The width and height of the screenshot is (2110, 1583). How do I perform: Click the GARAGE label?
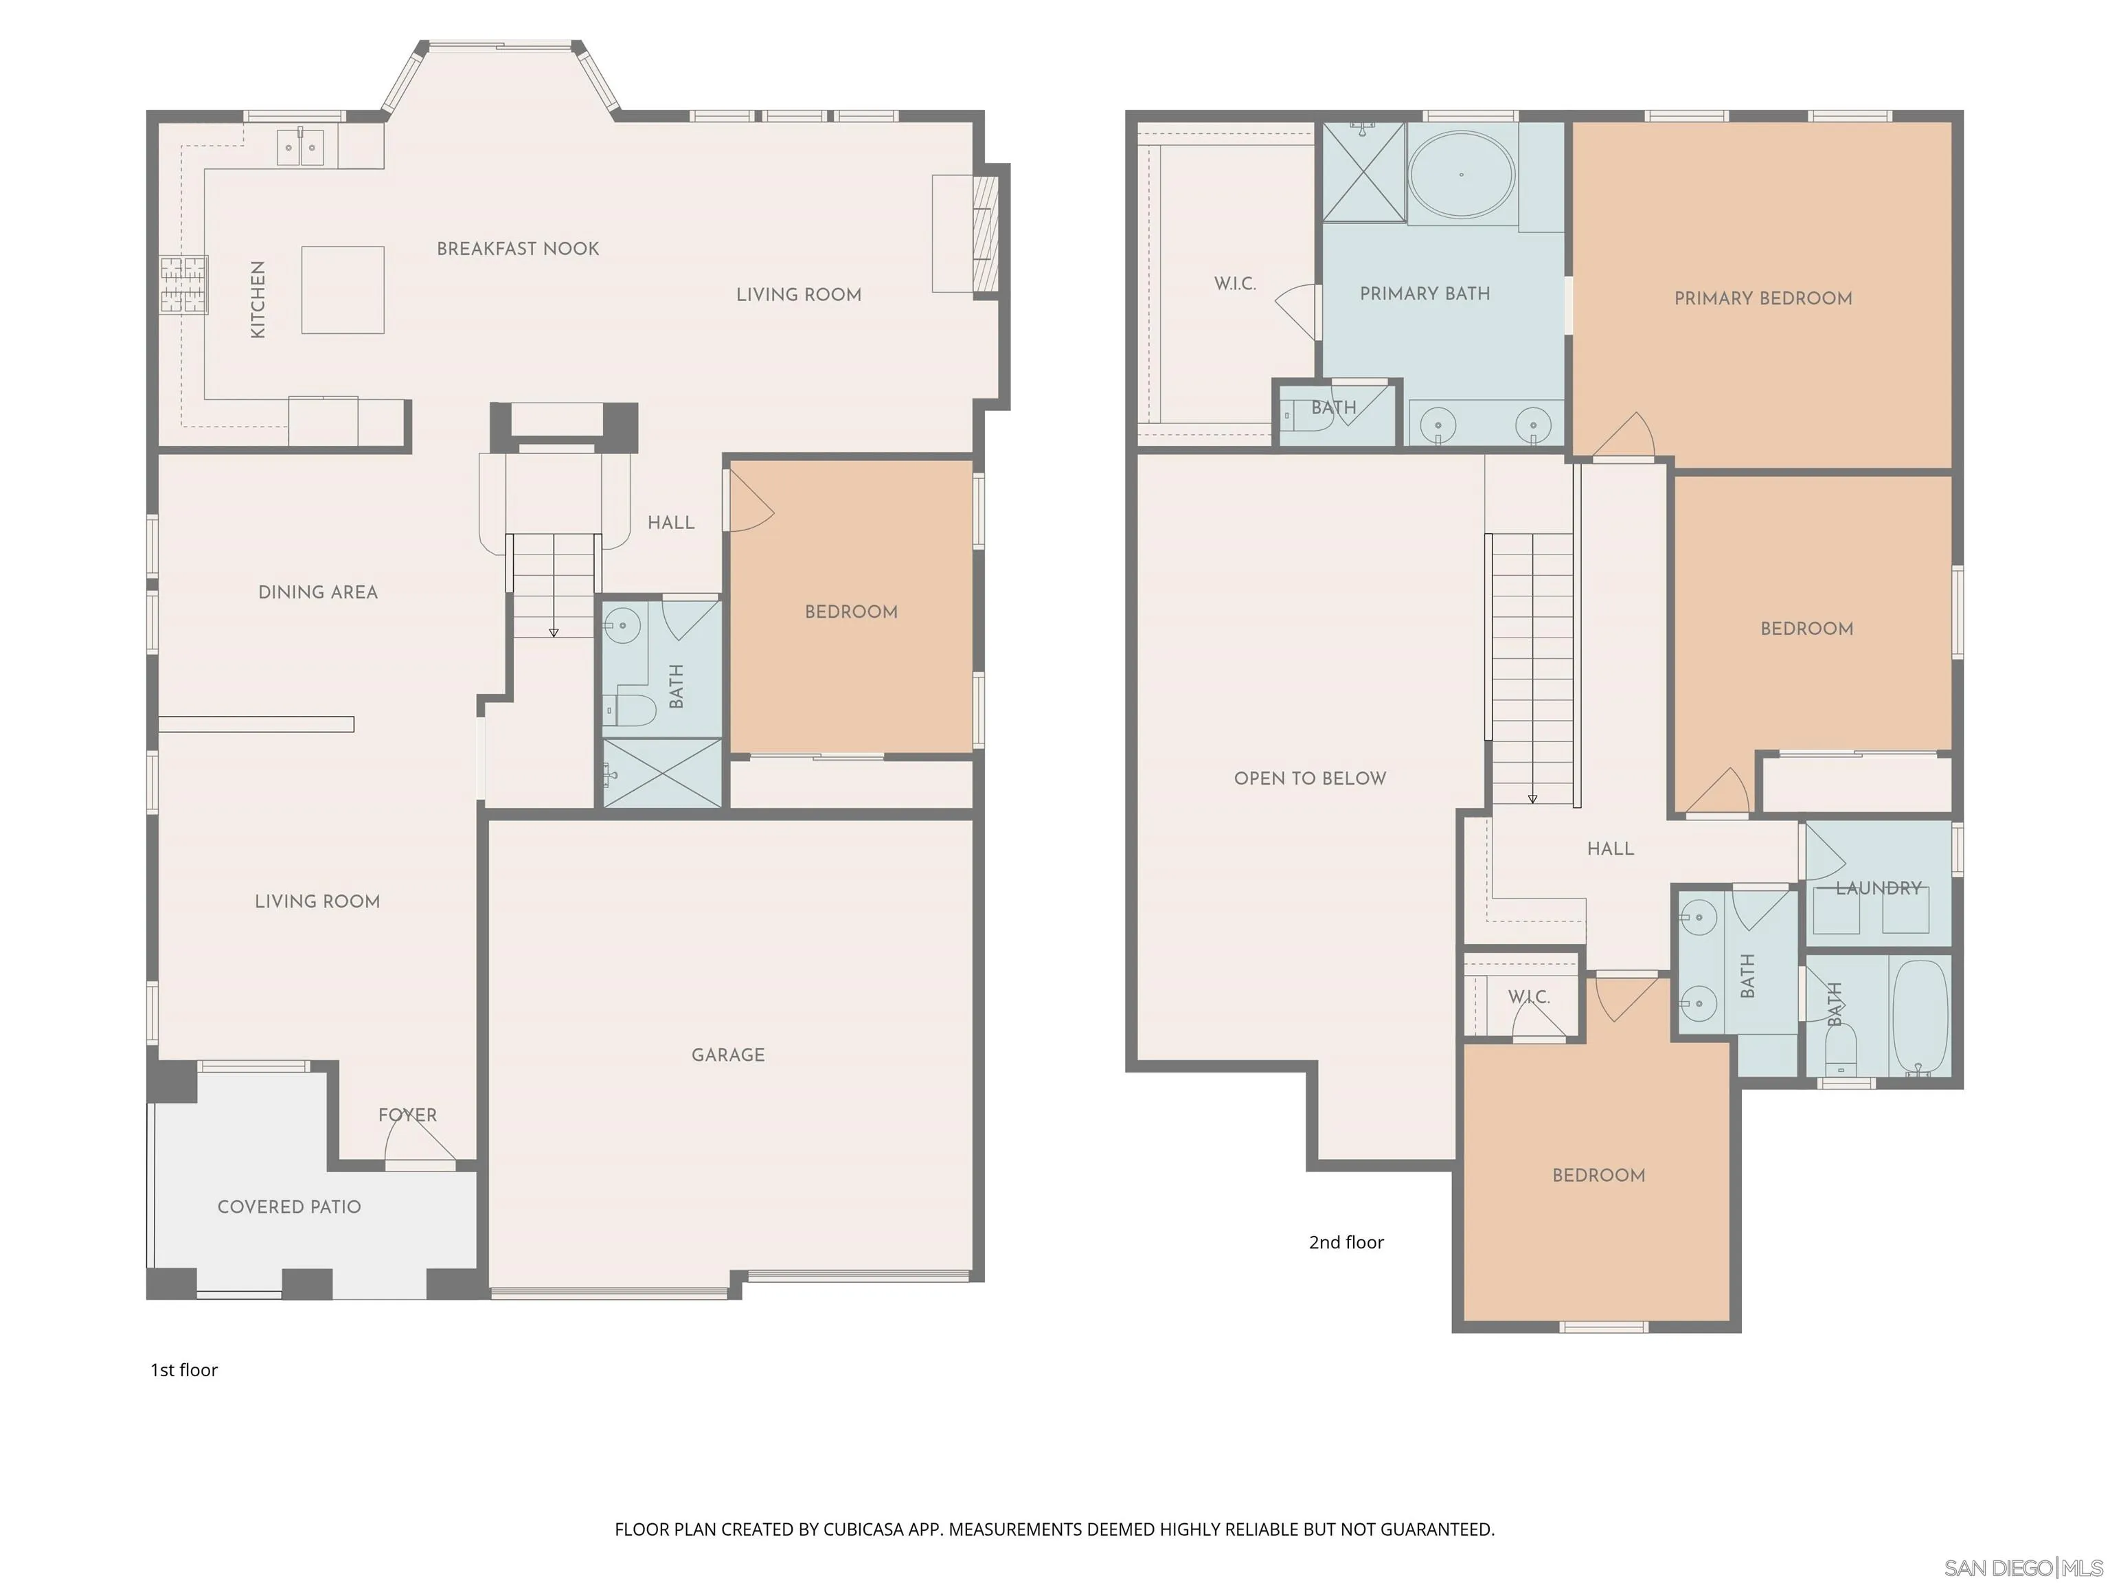pos(728,1055)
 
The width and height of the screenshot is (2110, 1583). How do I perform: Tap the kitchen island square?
pos(343,290)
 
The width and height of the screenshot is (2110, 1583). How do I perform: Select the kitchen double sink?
pos(300,147)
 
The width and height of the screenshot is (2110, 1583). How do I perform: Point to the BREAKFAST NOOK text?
pos(518,249)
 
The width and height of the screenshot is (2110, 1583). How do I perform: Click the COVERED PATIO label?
pos(289,1207)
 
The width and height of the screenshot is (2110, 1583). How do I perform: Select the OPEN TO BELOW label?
pos(1310,778)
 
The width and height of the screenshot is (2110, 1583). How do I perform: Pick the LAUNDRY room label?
pos(1879,888)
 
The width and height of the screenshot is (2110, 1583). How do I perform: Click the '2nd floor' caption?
pos(1346,1242)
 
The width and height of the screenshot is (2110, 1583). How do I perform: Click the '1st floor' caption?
pos(184,1370)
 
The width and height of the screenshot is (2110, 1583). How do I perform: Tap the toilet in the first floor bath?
pos(630,710)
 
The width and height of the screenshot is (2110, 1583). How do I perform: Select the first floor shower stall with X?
pos(663,774)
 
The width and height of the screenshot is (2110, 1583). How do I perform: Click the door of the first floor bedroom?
pos(750,502)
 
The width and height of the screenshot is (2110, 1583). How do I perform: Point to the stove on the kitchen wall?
pos(183,284)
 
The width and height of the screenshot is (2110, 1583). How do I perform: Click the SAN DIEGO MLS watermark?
pos(2022,1568)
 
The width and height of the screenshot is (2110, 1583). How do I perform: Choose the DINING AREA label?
pos(317,592)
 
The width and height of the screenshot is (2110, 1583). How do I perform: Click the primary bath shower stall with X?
pos(1363,172)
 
